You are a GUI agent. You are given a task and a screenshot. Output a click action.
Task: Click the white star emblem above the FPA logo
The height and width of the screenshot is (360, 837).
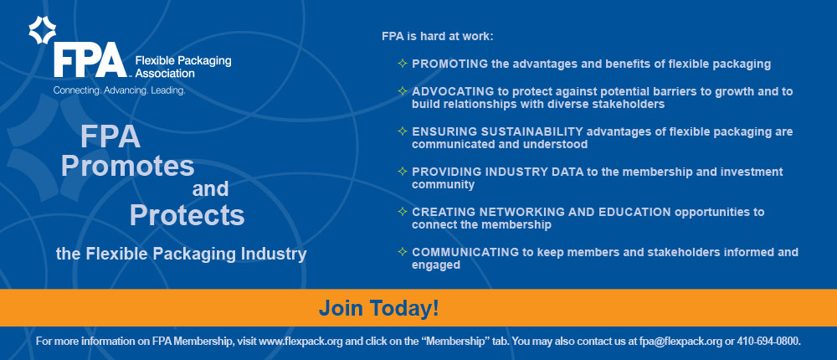42,30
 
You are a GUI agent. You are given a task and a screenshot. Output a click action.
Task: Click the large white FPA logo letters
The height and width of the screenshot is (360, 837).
90,60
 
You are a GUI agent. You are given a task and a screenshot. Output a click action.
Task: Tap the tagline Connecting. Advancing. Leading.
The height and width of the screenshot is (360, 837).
119,90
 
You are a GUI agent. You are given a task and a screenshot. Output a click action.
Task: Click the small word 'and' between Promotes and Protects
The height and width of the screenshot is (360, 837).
210,188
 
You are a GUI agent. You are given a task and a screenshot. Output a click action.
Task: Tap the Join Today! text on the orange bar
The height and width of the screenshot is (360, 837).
379,308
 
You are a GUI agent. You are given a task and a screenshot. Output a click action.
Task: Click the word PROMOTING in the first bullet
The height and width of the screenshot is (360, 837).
449,64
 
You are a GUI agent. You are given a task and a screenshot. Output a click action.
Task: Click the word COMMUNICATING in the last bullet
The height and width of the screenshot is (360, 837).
465,252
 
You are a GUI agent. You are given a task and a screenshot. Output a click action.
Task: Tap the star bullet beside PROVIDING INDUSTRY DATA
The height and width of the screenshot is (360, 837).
403,171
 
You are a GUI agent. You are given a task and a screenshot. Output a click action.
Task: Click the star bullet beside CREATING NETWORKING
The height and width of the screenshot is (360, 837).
403,211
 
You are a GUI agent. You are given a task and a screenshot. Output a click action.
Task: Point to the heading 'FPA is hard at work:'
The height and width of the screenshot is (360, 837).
438,37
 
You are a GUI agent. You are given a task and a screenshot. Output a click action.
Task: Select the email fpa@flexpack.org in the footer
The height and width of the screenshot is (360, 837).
680,342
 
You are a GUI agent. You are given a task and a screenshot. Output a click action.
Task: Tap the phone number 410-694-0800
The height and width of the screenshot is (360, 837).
768,342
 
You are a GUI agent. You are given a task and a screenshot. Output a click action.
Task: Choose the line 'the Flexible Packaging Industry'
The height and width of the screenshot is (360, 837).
182,254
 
